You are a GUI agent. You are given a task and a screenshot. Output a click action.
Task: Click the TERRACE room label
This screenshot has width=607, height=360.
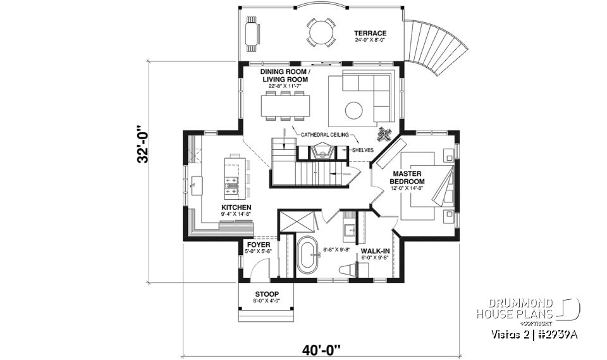point(370,34)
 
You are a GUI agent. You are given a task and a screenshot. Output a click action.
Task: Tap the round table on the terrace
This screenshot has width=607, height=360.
point(321,32)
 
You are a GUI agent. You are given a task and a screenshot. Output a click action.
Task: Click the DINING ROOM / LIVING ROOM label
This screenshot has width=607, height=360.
point(285,77)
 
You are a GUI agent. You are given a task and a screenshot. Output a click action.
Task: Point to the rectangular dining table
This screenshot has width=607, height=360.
point(286,106)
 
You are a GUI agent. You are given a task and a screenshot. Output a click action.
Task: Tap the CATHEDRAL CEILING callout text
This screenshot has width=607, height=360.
point(326,135)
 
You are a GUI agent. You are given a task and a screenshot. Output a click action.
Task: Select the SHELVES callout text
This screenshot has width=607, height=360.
point(362,150)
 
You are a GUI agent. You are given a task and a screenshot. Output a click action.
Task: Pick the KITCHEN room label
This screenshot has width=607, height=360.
point(236,208)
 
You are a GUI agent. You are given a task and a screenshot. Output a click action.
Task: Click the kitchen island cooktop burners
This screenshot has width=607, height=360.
point(230,184)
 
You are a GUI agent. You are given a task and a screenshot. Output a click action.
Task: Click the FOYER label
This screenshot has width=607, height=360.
point(258,244)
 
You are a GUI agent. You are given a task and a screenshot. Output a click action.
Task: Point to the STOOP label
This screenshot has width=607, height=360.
point(266,294)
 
